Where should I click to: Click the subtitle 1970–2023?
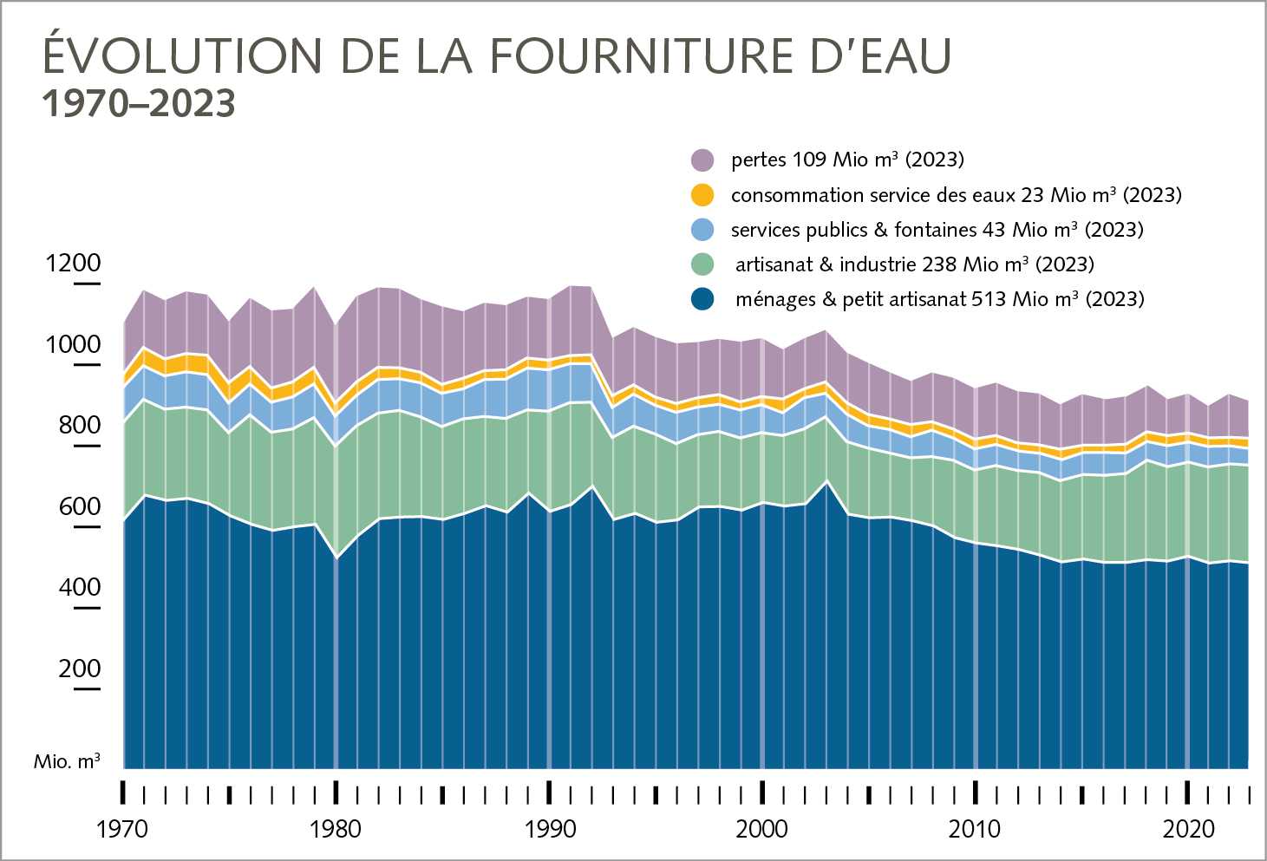point(139,103)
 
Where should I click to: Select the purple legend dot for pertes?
point(702,160)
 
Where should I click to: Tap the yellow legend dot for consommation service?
point(702,195)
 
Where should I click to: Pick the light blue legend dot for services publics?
point(702,230)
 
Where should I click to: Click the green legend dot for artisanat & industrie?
point(702,264)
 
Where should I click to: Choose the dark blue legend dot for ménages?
point(702,299)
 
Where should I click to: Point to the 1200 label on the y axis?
point(73,263)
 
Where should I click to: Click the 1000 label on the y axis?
point(73,344)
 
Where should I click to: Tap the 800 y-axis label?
point(79,425)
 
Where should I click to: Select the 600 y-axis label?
point(79,506)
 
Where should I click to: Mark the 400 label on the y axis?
point(79,587)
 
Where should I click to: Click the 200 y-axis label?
point(79,669)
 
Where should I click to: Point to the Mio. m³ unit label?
point(67,761)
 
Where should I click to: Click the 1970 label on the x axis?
point(121,829)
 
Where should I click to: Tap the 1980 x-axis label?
point(335,829)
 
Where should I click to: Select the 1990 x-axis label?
point(549,829)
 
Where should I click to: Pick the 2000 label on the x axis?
point(761,829)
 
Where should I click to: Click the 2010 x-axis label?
point(974,829)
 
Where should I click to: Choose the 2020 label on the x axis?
point(1188,829)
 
